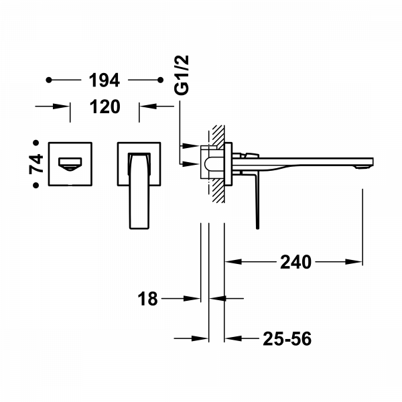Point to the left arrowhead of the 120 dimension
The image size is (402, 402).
pyautogui.click(x=65, y=105)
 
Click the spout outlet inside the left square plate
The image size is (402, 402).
pyautogui.click(x=70, y=161)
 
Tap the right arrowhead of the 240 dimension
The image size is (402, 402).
pyautogui.click(x=358, y=262)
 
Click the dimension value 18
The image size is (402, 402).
pyautogui.click(x=149, y=299)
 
